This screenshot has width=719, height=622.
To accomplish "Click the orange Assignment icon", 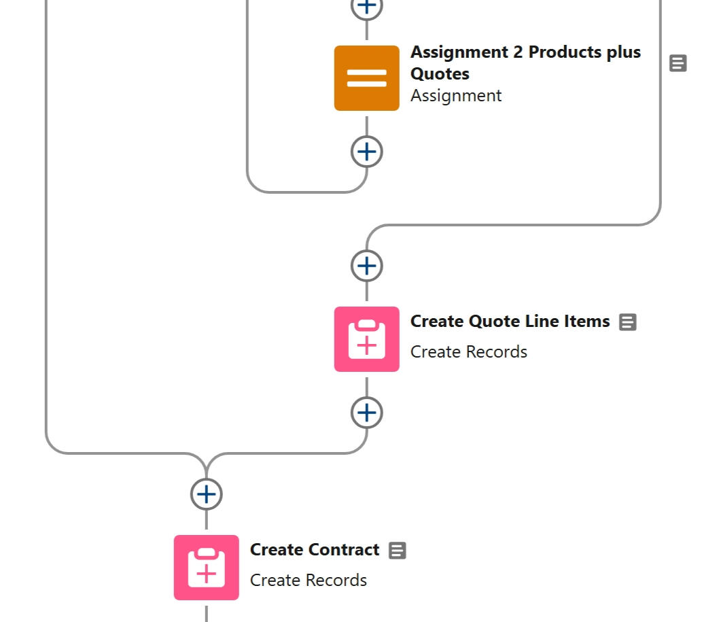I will tap(366, 78).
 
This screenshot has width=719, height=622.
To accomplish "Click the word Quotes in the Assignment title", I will tap(440, 73).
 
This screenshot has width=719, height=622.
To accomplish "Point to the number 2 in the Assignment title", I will tap(518, 52).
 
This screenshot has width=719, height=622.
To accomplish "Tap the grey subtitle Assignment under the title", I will tap(456, 96).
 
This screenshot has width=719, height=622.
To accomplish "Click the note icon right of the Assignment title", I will tap(678, 63).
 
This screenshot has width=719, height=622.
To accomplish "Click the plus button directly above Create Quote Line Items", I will tap(366, 266).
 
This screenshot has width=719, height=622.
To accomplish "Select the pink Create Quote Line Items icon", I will tap(366, 339).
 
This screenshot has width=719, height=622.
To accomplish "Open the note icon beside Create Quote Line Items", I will tap(628, 322).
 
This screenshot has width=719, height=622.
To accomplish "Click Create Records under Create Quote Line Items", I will tap(469, 352).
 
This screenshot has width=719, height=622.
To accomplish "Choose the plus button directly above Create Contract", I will tap(206, 494).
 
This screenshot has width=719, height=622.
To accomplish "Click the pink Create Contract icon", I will tap(206, 568).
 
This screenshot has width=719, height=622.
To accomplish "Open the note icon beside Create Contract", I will tap(398, 551).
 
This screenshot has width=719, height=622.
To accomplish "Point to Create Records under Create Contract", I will tap(309, 581).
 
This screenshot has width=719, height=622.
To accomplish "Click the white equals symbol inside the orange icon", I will tap(366, 79).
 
